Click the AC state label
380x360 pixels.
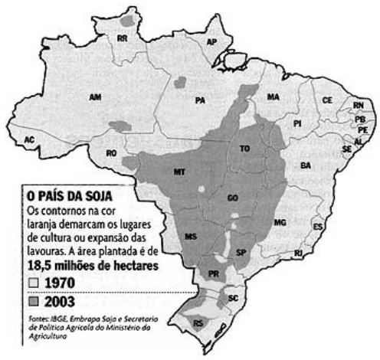[x=30, y=139]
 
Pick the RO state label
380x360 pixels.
[x=112, y=153]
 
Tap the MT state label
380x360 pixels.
[x=179, y=170]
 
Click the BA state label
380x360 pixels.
[x=306, y=165]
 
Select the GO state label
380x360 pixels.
[x=232, y=198]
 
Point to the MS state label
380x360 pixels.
[x=192, y=238]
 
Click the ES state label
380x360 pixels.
[x=318, y=227]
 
